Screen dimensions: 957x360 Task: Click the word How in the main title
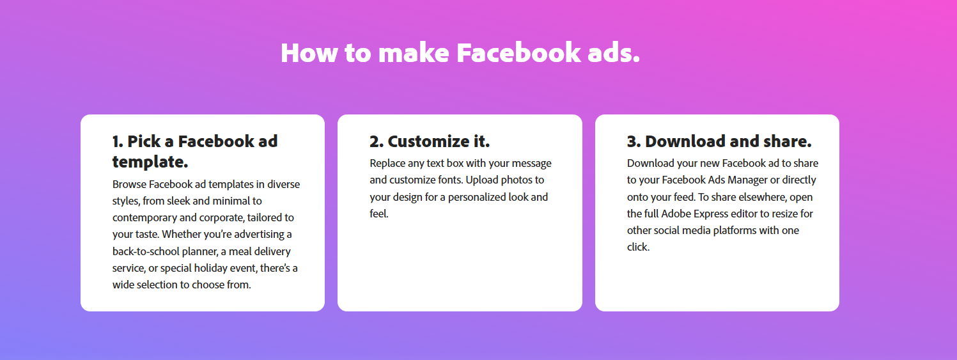pos(309,53)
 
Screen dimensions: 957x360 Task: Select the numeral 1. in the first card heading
pos(118,141)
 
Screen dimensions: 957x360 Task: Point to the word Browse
pos(129,184)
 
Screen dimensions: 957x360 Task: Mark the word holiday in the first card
pos(210,268)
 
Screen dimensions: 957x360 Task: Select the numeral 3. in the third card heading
pos(634,141)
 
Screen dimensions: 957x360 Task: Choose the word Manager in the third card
pos(747,180)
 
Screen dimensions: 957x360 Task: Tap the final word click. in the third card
pos(638,247)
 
